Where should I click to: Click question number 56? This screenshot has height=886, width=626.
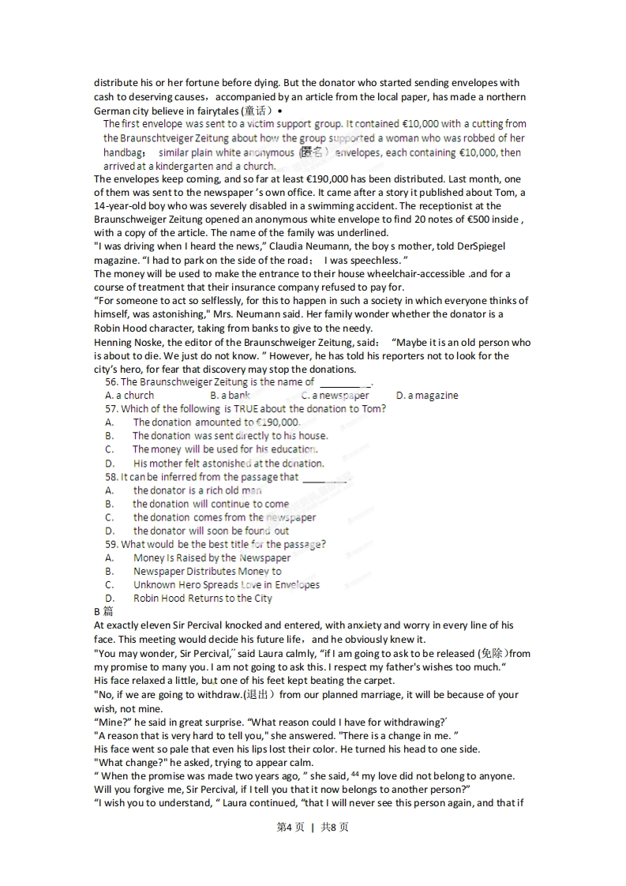click(x=111, y=382)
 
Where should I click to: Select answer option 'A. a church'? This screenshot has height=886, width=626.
click(x=129, y=396)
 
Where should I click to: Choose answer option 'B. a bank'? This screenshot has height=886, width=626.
click(x=230, y=396)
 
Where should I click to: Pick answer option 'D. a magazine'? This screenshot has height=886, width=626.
click(x=426, y=396)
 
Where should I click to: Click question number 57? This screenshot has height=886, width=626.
click(x=111, y=409)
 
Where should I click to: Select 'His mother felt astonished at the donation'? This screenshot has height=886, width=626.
click(x=228, y=464)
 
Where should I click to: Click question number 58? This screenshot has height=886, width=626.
click(x=111, y=477)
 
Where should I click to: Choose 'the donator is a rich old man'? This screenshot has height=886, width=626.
click(x=197, y=490)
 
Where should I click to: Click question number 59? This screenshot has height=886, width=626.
click(x=111, y=545)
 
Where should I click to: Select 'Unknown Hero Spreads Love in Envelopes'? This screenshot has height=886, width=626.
click(x=227, y=585)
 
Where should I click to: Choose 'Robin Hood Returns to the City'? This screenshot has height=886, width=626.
click(x=203, y=599)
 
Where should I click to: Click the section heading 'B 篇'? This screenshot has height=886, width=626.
click(x=103, y=612)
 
